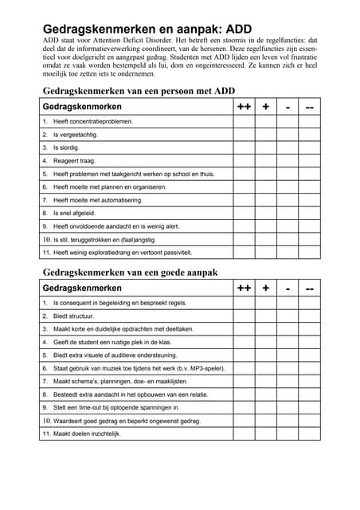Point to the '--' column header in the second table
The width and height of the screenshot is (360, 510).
pos(309,288)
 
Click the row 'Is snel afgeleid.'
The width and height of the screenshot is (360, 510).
pos(74,213)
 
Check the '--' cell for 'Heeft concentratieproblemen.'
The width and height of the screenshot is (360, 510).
pos(309,122)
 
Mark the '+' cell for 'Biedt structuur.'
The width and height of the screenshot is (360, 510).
pos(265,316)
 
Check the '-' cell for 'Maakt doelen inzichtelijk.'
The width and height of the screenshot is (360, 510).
pos(287,433)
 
